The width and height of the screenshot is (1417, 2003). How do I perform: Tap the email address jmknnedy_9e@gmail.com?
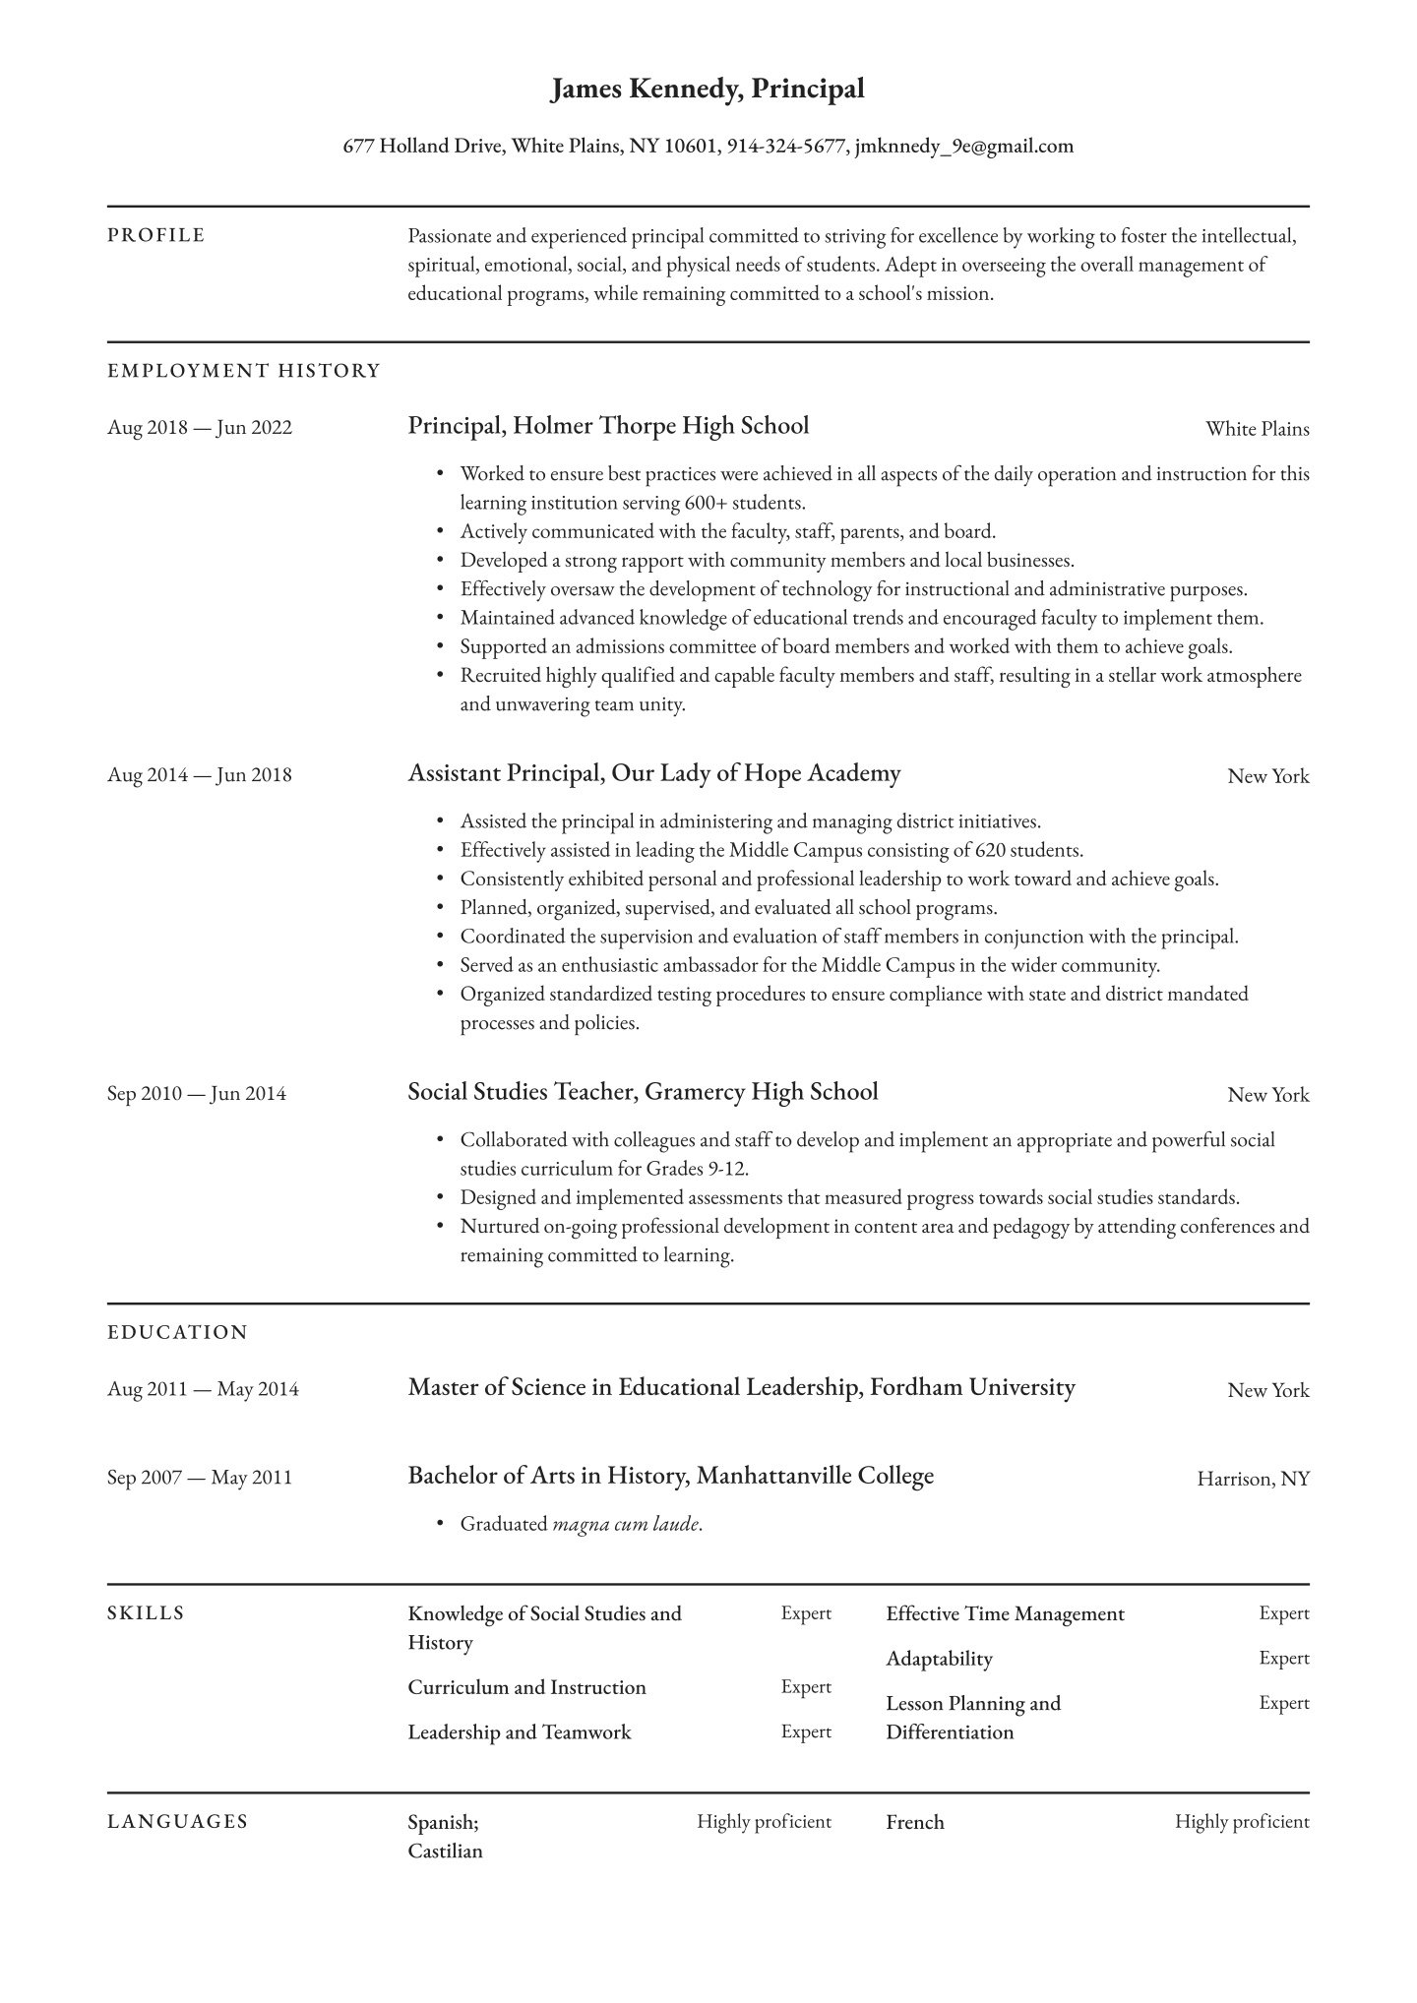point(963,147)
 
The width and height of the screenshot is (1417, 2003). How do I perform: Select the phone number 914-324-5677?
point(786,147)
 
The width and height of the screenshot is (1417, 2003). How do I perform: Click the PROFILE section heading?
point(156,235)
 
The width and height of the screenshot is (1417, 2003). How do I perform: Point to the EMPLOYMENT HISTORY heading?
point(243,371)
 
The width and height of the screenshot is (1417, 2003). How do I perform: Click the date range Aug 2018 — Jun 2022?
point(200,428)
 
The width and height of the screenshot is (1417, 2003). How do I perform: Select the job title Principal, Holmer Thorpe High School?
point(608,426)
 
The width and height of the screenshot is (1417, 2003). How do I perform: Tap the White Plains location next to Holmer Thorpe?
point(1257,429)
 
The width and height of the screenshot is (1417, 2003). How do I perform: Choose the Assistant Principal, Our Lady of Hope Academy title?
point(654,773)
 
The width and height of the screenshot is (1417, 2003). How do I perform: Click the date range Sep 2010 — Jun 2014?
point(197,1094)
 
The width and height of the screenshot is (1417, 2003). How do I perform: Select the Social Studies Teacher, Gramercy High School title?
point(643,1092)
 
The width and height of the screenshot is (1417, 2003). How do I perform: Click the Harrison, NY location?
point(1253,1479)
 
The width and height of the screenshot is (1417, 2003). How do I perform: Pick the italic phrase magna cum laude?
point(626,1525)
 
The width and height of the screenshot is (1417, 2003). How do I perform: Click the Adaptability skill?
point(939,1659)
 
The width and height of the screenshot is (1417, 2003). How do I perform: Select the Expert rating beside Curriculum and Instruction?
point(806,1686)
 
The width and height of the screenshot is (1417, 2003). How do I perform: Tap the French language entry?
point(914,1822)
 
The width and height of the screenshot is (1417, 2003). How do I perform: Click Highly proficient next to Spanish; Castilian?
point(764,1822)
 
